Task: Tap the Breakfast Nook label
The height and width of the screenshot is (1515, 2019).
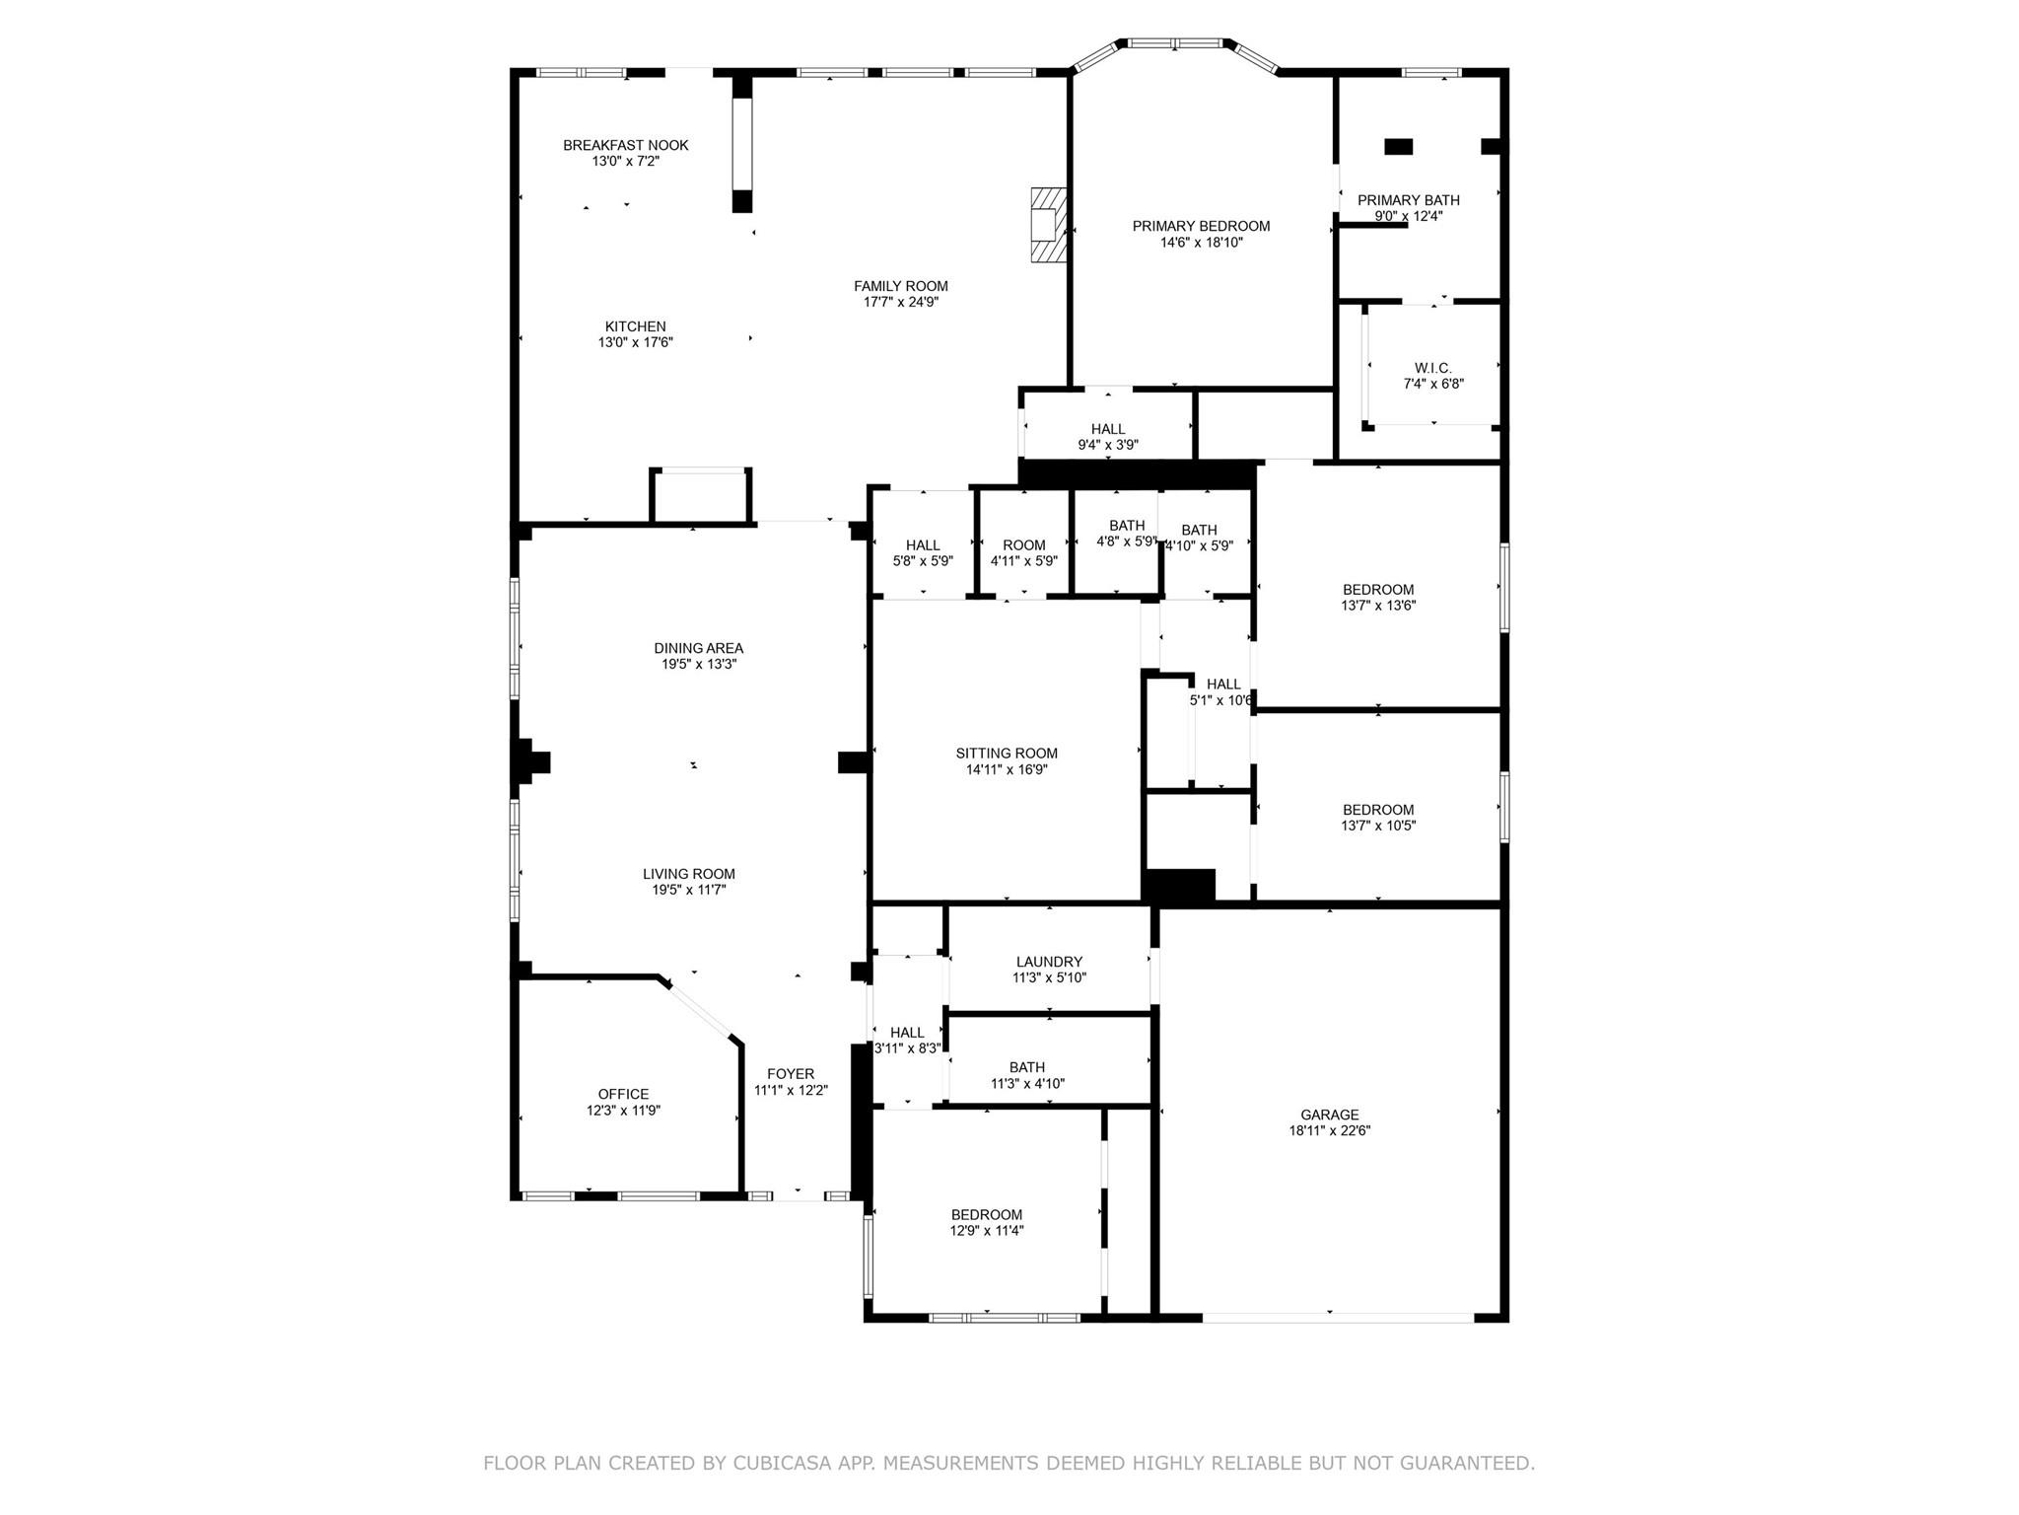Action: click(625, 145)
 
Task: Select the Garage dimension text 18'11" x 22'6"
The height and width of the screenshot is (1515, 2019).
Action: click(1329, 1131)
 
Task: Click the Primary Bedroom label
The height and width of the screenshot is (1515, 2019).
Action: click(1201, 226)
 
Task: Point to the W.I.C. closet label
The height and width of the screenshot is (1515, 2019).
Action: click(1432, 368)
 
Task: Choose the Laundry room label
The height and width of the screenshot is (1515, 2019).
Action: click(1049, 962)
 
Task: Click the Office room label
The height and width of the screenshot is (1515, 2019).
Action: click(623, 1094)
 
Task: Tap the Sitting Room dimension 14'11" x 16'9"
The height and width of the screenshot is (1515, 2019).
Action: click(1006, 769)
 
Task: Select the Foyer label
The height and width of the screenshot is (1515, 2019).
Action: click(791, 1074)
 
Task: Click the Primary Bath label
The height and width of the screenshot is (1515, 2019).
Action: click(1408, 200)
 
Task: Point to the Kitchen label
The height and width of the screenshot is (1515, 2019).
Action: click(635, 326)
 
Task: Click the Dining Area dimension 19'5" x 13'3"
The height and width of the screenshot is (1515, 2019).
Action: click(699, 665)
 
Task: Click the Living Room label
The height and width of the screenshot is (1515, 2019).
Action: click(689, 874)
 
